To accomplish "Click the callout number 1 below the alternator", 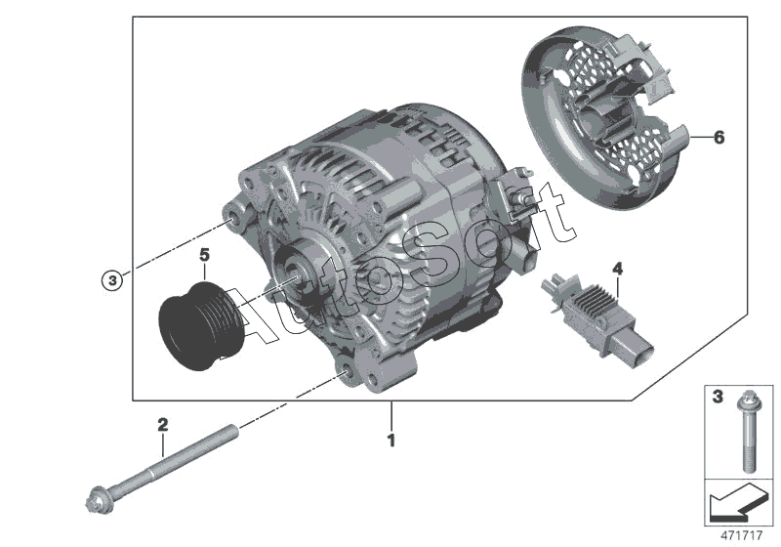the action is (390, 442).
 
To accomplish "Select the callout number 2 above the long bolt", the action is (163, 425).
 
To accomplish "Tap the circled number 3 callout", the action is (113, 280).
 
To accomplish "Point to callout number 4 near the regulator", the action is (617, 268).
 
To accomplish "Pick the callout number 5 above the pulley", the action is (204, 256).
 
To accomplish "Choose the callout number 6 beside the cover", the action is (719, 138).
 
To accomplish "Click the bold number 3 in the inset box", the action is (717, 399).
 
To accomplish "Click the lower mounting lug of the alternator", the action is (344, 372).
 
